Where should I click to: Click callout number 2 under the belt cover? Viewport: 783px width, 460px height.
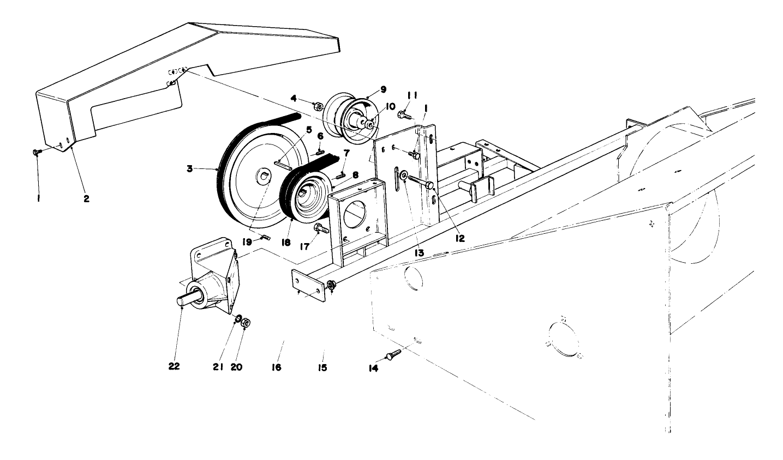tap(86, 198)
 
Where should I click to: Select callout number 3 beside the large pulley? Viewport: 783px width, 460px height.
tap(189, 169)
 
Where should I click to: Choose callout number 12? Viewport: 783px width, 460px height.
tap(460, 238)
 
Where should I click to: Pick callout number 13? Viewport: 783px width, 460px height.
tap(419, 253)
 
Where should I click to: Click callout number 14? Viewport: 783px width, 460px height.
tap(373, 367)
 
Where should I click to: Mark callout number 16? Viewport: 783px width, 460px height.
tap(276, 367)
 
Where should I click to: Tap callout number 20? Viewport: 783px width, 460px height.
tap(236, 367)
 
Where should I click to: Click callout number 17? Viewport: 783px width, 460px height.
tap(304, 246)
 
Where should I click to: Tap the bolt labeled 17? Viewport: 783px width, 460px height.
tap(320, 228)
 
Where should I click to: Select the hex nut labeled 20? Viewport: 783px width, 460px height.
tap(246, 322)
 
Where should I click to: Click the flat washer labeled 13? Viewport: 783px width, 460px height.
tap(403, 176)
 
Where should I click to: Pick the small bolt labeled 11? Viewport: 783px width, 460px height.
tap(403, 114)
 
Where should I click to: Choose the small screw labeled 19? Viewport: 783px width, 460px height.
tap(266, 237)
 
